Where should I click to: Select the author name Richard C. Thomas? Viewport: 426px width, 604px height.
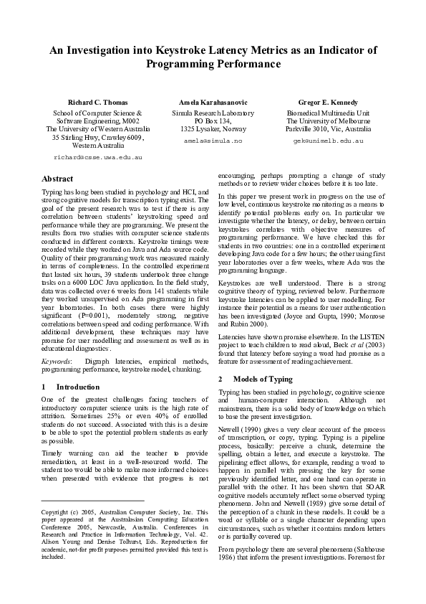(98, 103)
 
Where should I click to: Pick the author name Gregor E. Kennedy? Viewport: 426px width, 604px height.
(328, 103)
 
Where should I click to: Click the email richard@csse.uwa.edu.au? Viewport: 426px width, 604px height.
(98, 156)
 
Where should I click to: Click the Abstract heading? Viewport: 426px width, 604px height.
(57, 178)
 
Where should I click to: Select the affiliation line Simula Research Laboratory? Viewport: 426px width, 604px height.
(213, 113)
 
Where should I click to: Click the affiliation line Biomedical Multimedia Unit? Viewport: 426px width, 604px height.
(328, 113)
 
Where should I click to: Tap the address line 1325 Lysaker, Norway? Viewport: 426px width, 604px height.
(213, 129)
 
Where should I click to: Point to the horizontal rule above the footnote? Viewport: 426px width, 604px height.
(92, 500)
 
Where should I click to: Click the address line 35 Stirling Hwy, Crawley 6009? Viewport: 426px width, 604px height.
(98, 137)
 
